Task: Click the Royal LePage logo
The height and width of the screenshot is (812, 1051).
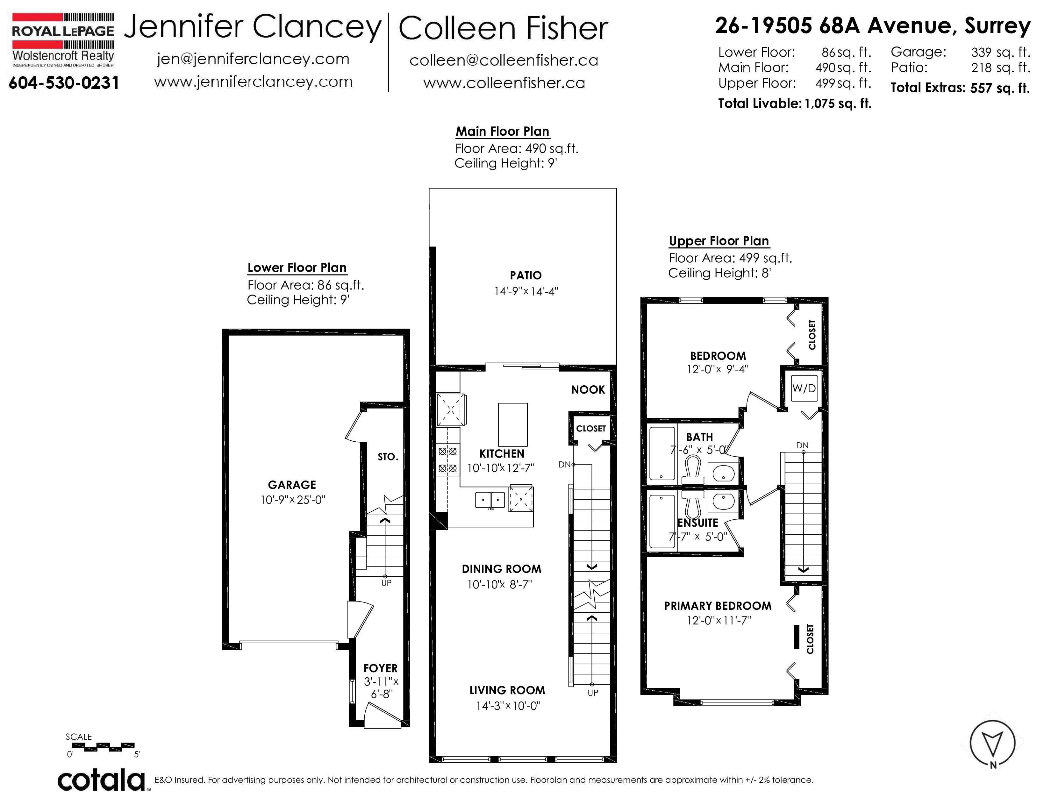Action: pyautogui.click(x=63, y=40)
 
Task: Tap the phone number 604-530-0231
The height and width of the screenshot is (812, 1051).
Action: pyautogui.click(x=63, y=83)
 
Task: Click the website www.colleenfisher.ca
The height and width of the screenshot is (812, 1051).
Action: pyautogui.click(x=504, y=83)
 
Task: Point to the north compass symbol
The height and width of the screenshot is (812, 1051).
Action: pyautogui.click(x=992, y=744)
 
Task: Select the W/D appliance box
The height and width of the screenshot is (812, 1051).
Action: pyautogui.click(x=804, y=388)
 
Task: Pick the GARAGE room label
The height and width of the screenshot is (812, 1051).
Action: pyautogui.click(x=292, y=485)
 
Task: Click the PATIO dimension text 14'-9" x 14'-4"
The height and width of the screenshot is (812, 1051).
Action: pyautogui.click(x=526, y=291)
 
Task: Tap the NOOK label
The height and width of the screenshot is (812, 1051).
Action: pyautogui.click(x=588, y=390)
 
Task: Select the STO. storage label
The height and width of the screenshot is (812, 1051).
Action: pyautogui.click(x=388, y=457)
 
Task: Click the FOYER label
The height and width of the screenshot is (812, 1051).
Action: pyautogui.click(x=381, y=668)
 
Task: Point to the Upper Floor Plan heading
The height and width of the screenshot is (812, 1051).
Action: pyautogui.click(x=719, y=241)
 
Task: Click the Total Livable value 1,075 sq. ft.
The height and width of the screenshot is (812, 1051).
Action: pyautogui.click(x=838, y=103)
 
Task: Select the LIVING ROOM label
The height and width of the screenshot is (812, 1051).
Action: pyautogui.click(x=507, y=690)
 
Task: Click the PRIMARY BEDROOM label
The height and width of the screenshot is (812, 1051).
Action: pyautogui.click(x=718, y=606)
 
